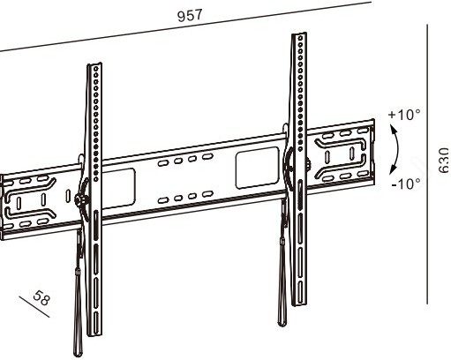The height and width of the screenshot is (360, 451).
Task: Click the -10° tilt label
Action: click(x=405, y=183)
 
